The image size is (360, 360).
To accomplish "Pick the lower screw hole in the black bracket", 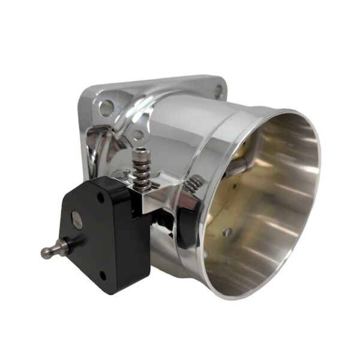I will click(103, 276).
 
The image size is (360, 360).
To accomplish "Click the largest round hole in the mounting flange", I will click(106, 108).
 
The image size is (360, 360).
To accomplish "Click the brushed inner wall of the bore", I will click(264, 198).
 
